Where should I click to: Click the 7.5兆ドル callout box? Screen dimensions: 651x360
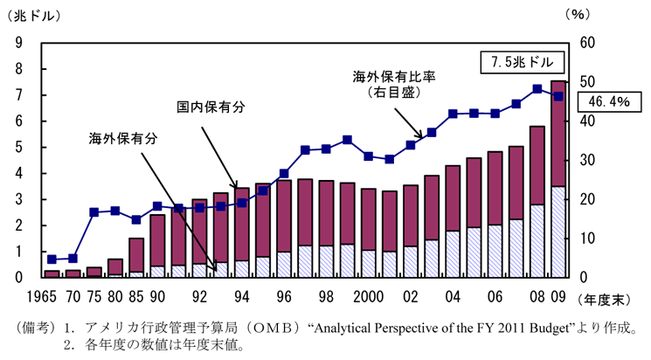pyautogui.click(x=523, y=63)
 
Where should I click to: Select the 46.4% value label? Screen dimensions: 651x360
pyautogui.click(x=609, y=101)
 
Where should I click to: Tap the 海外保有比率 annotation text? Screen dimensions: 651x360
pyautogui.click(x=394, y=77)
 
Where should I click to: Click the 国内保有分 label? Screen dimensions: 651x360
pyautogui.click(x=211, y=107)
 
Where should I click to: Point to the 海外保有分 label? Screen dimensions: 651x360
pyautogui.click(x=123, y=139)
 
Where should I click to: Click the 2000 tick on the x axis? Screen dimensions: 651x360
pyautogui.click(x=368, y=296)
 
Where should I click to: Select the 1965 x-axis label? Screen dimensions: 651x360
pyautogui.click(x=42, y=296)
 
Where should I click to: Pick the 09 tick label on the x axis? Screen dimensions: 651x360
pyautogui.click(x=558, y=296)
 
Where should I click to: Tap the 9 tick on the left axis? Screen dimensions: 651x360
pyautogui.click(x=18, y=42)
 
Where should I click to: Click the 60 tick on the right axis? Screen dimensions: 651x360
pyautogui.click(x=587, y=42)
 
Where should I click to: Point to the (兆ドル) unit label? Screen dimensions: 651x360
pyautogui.click(x=34, y=16)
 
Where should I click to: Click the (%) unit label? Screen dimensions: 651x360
pyautogui.click(x=578, y=15)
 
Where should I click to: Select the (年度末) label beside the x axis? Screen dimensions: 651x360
pyautogui.click(x=604, y=300)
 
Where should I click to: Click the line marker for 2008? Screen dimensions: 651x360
pyautogui.click(x=537, y=89)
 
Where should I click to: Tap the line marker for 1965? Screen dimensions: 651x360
pyautogui.click(x=52, y=260)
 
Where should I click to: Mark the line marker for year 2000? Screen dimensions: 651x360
pyautogui.click(x=368, y=156)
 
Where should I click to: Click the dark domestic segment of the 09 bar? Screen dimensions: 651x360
pyautogui.click(x=558, y=134)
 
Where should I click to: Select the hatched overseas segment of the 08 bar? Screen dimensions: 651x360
pyautogui.click(x=537, y=241)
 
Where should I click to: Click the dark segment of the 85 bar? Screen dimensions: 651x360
pyautogui.click(x=136, y=255)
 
